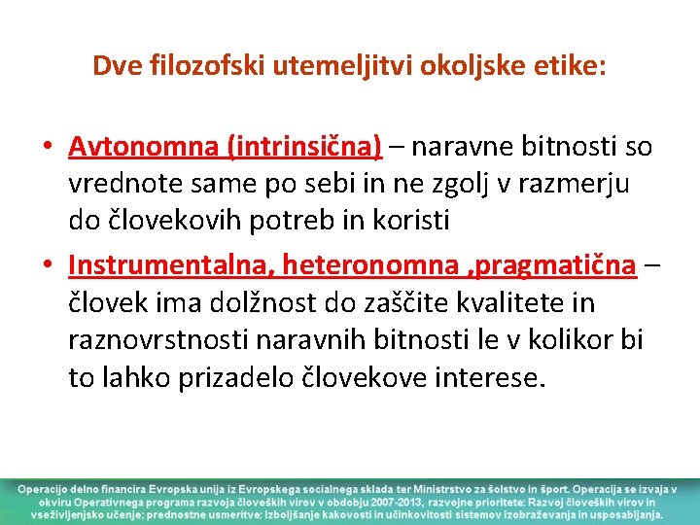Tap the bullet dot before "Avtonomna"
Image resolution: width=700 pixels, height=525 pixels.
click(48, 148)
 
